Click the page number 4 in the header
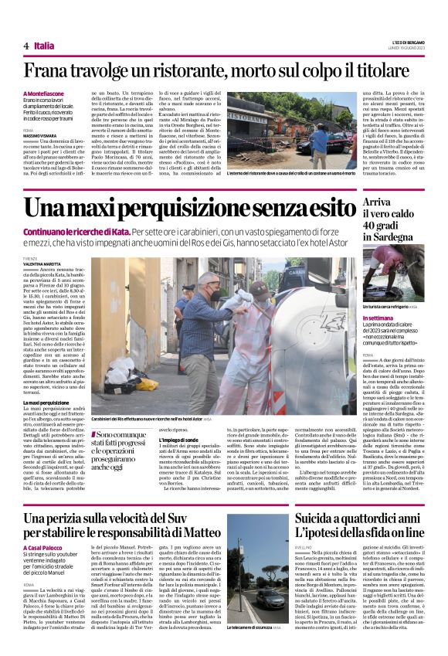pyautogui.click(x=26, y=46)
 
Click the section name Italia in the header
pyautogui.click(x=45, y=46)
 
